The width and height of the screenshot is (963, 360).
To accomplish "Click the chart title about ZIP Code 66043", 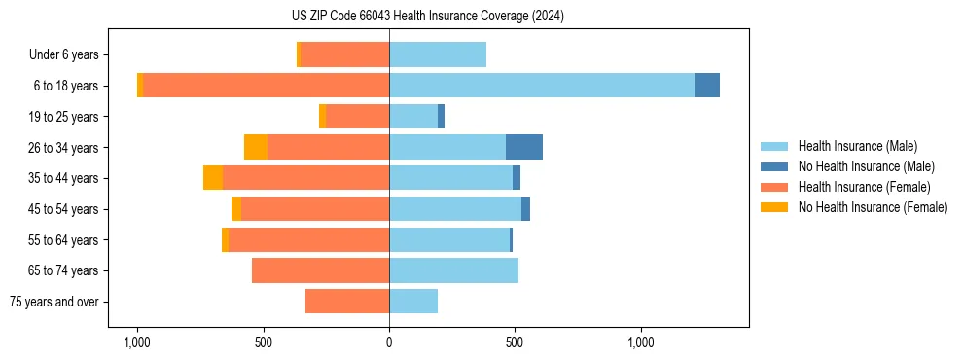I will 427,17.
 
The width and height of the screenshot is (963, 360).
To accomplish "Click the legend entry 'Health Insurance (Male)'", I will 857,146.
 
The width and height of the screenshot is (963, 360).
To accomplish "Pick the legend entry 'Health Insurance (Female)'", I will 864,187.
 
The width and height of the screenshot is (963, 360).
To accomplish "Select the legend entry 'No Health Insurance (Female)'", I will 873,207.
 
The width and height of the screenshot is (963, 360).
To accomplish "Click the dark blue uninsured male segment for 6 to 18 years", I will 707,86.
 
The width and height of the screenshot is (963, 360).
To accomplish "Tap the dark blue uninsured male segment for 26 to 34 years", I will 524,147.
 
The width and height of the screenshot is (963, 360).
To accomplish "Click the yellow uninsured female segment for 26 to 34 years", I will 256,147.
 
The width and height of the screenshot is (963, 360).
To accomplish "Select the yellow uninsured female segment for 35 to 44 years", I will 213,178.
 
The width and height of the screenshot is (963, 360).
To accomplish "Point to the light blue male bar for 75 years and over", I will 413,302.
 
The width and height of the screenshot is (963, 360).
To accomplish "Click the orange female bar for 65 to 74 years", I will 320,270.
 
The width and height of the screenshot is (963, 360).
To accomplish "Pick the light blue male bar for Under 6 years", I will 438,54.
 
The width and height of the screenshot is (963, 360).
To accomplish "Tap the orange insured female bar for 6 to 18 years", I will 266,86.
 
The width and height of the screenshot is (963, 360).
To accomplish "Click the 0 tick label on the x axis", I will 389,342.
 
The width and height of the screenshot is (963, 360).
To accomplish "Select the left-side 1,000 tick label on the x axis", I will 136,342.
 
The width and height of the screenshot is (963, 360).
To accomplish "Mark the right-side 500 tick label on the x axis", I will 515,342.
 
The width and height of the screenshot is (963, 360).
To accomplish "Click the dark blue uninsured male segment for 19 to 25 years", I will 441,117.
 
